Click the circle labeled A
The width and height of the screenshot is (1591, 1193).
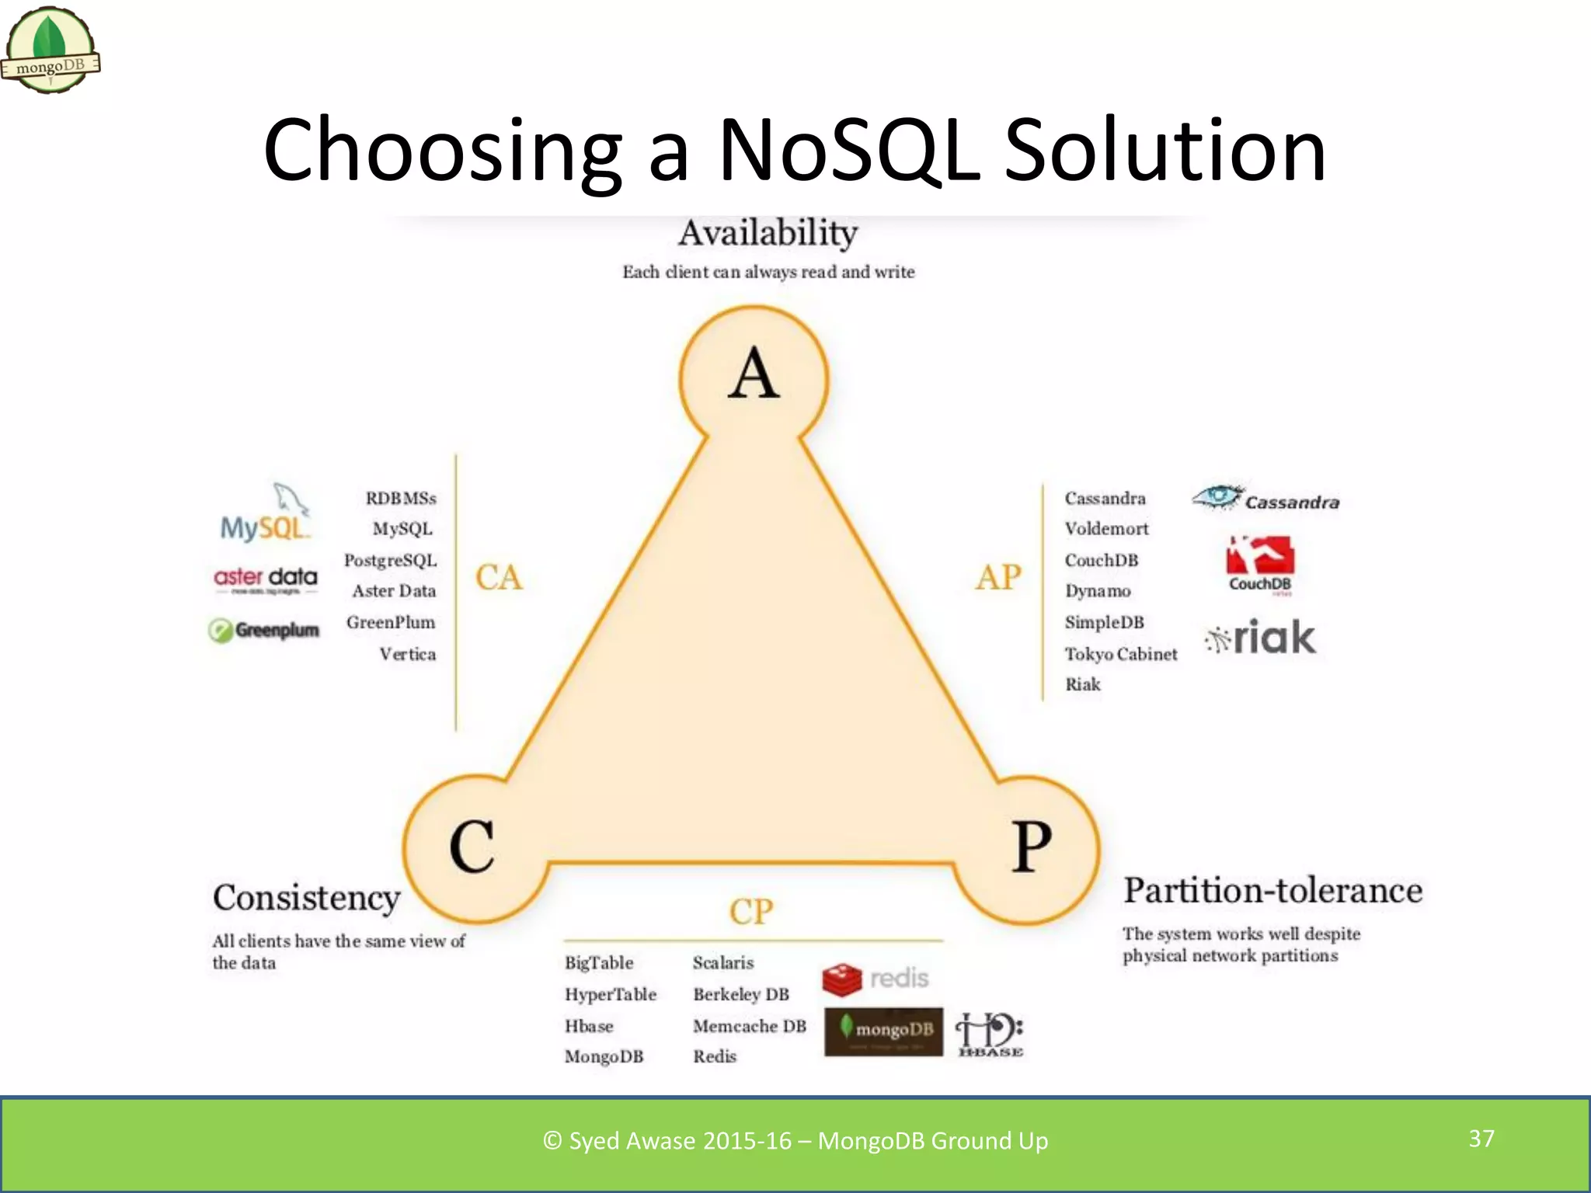754,377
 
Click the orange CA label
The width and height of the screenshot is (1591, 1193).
499,578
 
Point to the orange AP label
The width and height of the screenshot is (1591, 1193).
999,578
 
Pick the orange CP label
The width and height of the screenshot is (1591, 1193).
751,912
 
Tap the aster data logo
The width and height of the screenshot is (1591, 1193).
266,579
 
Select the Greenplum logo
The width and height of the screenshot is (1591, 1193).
264,630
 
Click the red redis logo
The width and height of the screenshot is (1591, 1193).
876,979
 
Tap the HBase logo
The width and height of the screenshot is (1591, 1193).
990,1035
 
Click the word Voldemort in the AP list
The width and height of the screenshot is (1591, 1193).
1106,529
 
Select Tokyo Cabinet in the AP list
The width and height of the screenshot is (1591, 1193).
1121,654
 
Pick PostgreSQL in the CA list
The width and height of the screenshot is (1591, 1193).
390,560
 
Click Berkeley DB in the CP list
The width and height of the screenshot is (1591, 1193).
741,994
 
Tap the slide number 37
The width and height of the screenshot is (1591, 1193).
1481,1139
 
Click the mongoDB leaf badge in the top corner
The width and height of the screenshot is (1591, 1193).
51,51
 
